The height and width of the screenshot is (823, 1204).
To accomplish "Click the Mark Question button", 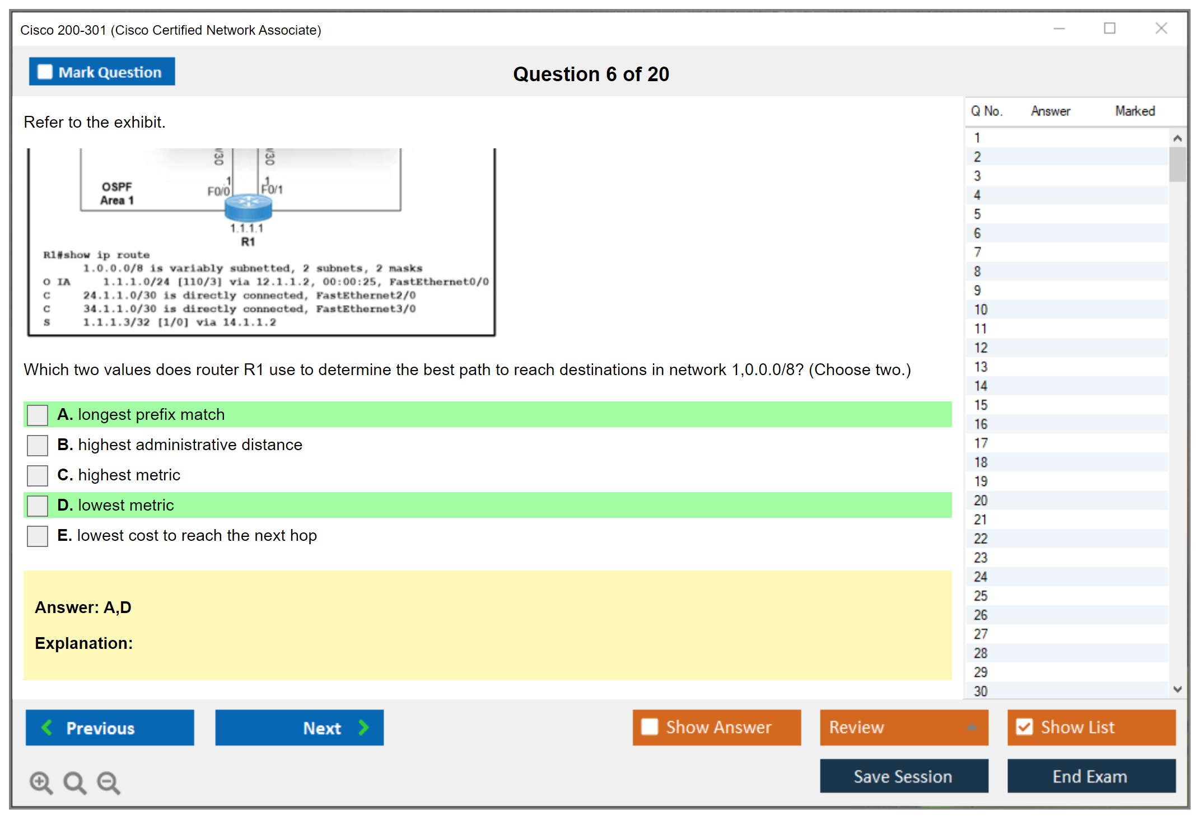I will click(102, 72).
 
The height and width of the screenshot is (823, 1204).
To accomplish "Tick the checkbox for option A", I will click(38, 415).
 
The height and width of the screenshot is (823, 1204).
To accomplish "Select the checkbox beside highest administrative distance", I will click(38, 446).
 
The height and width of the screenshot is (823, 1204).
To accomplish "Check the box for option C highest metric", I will click(38, 476).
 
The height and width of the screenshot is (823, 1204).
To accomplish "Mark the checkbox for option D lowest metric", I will click(38, 506).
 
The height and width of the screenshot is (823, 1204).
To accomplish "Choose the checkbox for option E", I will click(38, 536).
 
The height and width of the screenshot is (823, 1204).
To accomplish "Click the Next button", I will click(299, 728).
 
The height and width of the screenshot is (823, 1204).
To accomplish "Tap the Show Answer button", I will click(716, 728).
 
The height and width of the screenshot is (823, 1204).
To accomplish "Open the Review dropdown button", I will click(903, 728).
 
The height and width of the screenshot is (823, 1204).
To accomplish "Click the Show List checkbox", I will click(1024, 727).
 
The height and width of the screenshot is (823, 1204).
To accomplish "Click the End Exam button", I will click(1090, 777).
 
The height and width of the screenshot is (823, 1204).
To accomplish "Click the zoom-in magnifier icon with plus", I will click(41, 782).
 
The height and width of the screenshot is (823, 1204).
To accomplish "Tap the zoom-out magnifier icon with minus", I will click(109, 782).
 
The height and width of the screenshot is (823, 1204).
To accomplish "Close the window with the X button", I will click(1161, 29).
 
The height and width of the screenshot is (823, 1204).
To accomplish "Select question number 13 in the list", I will click(981, 367).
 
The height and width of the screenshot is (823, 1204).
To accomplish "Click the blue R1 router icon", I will click(248, 207).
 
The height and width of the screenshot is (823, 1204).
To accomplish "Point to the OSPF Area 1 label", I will click(116, 194).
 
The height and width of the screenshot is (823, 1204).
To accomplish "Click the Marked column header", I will click(1135, 111).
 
